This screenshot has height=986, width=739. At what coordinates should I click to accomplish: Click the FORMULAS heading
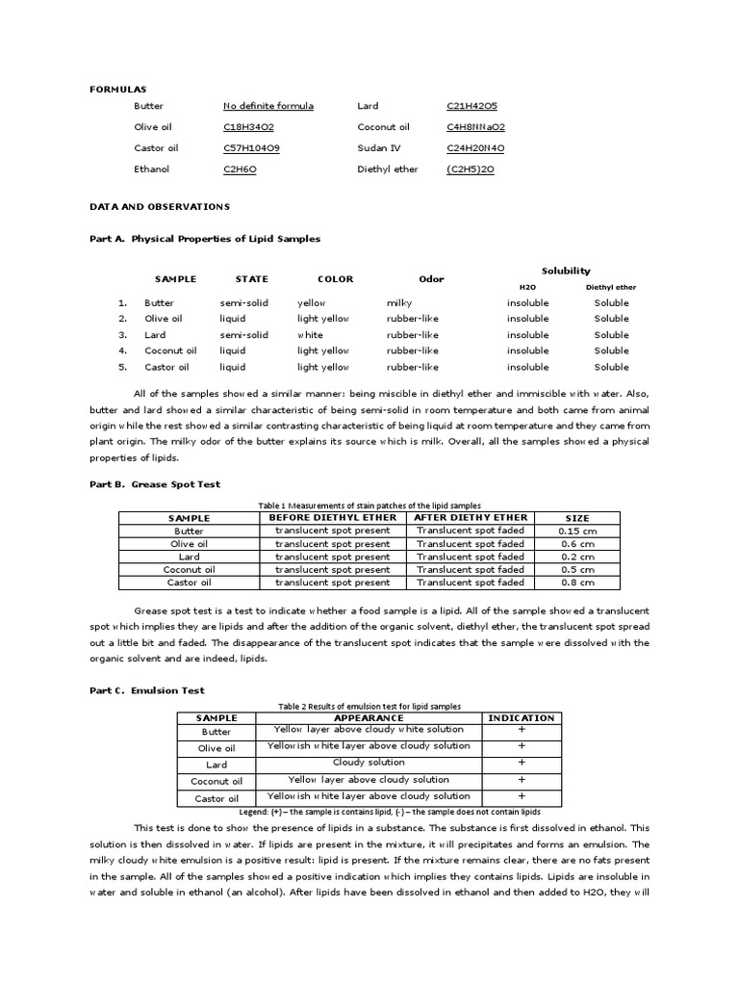click(113, 88)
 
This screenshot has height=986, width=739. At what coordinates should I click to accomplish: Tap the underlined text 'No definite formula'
click(268, 106)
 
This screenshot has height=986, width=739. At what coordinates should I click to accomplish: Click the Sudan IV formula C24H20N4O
click(475, 148)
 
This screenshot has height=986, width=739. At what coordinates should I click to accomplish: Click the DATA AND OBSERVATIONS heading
click(159, 206)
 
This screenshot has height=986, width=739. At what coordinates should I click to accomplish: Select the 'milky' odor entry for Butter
click(399, 302)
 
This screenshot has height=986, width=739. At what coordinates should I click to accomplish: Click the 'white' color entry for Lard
click(310, 335)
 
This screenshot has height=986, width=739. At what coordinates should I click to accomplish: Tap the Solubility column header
click(566, 271)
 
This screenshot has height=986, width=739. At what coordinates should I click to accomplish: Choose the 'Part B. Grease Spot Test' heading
click(155, 484)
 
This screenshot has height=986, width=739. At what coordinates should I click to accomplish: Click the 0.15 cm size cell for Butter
click(576, 531)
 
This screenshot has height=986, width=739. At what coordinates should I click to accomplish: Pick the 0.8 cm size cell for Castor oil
click(576, 583)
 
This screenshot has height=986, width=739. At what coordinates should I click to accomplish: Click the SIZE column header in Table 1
click(576, 518)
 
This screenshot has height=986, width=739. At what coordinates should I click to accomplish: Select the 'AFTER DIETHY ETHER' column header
click(471, 517)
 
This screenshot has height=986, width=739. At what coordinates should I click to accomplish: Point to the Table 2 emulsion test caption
click(369, 706)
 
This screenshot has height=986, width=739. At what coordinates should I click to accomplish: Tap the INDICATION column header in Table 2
click(522, 717)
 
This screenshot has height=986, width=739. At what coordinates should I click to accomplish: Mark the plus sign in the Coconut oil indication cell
click(522, 780)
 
